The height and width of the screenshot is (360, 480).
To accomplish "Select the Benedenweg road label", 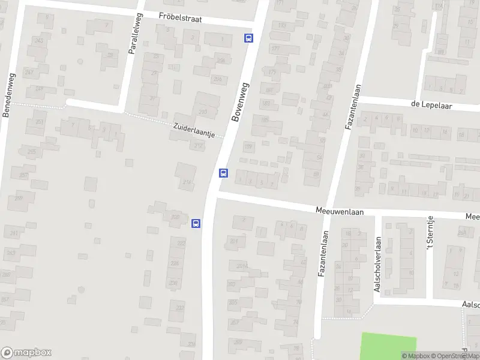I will [x=9, y=95].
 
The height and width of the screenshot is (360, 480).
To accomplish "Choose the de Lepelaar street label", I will [x=431, y=104].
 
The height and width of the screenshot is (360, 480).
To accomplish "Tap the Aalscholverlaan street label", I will [x=377, y=264].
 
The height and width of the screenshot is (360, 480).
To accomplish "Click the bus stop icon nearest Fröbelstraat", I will [x=248, y=38].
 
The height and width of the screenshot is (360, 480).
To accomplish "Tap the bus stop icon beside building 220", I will [x=196, y=223].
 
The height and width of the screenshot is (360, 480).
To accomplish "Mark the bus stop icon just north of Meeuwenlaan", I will [x=223, y=173].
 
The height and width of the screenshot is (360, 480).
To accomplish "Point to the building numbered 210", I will [x=203, y=111].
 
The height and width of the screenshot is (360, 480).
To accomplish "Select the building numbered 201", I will [x=234, y=242].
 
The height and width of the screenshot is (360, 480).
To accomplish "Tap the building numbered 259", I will [x=19, y=198].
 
